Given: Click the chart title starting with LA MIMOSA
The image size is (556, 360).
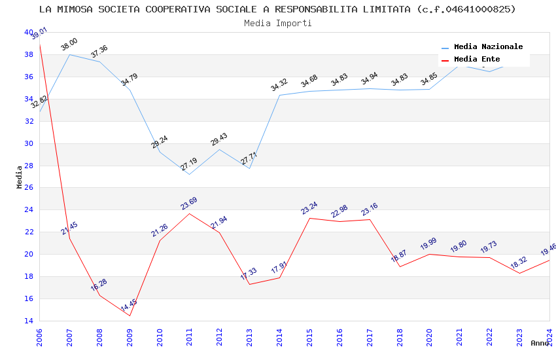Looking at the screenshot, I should (277, 9).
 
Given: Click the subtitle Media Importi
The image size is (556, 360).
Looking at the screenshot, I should (277, 23).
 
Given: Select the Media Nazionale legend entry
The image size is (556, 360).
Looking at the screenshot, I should (488, 47).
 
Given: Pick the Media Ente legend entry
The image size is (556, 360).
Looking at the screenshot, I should (477, 60).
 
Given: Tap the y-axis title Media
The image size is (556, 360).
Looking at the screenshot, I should (20, 177).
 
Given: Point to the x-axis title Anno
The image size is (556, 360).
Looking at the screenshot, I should (540, 343).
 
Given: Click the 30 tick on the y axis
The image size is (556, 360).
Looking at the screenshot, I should (28, 143).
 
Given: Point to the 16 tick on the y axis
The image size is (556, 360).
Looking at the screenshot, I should (28, 298).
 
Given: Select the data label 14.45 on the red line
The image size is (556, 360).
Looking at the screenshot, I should (129, 306).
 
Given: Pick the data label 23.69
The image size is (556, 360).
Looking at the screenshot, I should (189, 204).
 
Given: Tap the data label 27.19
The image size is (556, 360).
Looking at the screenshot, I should (189, 164).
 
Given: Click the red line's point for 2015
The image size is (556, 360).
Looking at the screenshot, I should (309, 218).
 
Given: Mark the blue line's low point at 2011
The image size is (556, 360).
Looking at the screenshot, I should (190, 174).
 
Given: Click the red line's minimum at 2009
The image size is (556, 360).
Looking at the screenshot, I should (130, 315).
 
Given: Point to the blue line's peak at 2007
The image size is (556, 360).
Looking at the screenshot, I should (70, 54).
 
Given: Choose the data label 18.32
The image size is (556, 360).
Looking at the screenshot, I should (519, 263).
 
